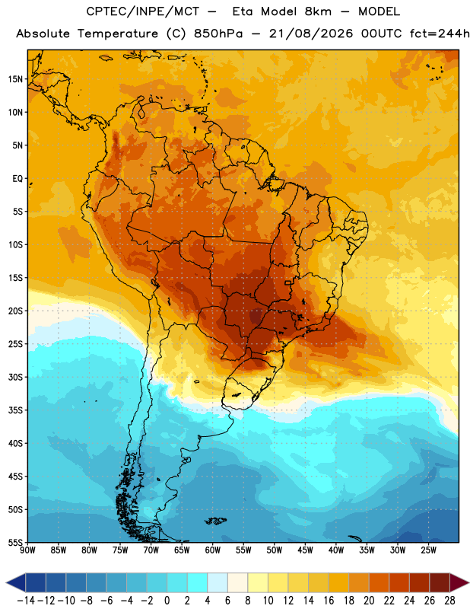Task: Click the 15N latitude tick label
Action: coord(15,79)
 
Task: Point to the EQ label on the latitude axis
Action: coord(17,179)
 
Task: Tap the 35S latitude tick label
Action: coord(15,410)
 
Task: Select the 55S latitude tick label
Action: coord(15,542)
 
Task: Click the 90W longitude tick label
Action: coord(28,550)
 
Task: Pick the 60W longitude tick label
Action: coord(213,550)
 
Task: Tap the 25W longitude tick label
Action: coord(428,550)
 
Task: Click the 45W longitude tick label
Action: coord(305,550)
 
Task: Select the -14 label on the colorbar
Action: coord(26,601)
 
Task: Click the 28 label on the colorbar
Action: coord(449,601)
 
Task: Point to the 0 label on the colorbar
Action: coord(167,601)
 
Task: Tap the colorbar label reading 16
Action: coord(329,601)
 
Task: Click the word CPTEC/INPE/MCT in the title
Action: coord(142,11)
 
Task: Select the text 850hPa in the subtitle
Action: coord(218,33)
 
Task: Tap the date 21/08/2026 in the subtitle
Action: coord(311,33)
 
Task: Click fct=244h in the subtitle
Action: coord(440,33)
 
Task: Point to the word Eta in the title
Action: coord(243,11)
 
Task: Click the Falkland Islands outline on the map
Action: coord(215,521)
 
